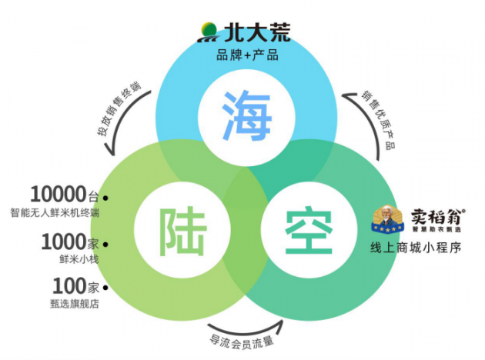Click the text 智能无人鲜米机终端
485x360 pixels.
pos(55,212)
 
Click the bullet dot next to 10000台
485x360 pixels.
pos(105,198)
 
